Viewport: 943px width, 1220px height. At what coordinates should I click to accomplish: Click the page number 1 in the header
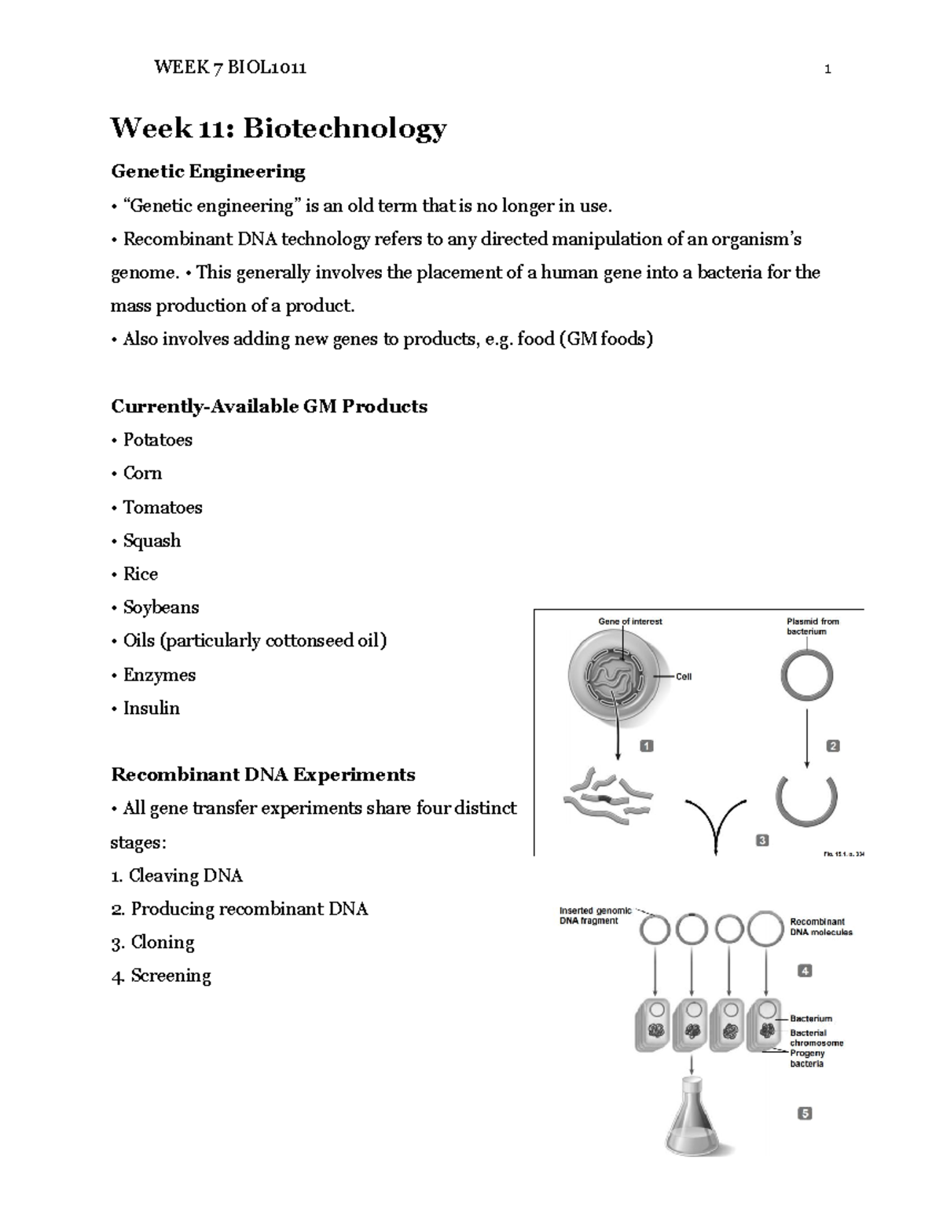click(827, 69)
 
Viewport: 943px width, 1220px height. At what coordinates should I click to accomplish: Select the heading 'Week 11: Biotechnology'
click(278, 128)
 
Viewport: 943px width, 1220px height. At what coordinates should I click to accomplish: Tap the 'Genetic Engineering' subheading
click(208, 171)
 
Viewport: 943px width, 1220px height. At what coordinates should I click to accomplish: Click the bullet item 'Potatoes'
click(157, 440)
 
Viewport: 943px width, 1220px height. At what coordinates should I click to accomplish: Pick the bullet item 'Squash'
click(152, 540)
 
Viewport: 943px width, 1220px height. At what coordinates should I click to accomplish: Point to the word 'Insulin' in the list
click(151, 708)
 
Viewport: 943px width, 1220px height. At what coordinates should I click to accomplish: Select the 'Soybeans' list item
click(160, 607)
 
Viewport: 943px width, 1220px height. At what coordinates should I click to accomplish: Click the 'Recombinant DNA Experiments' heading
click(263, 775)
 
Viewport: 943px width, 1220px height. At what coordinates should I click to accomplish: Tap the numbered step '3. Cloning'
click(153, 942)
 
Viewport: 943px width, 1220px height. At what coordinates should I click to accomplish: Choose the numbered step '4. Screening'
click(161, 976)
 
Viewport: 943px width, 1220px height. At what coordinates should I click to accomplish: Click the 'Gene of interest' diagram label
click(630, 621)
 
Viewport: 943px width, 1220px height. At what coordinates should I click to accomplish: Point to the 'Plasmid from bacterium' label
click(813, 626)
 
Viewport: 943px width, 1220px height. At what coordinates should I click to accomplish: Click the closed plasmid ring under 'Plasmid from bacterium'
click(806, 676)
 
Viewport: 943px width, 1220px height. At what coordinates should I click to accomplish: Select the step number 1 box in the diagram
click(647, 746)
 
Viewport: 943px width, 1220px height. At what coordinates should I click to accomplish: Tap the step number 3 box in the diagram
click(761, 841)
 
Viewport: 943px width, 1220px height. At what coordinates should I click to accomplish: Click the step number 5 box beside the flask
click(805, 1113)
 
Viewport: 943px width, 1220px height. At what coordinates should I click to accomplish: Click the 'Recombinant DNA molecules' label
click(820, 927)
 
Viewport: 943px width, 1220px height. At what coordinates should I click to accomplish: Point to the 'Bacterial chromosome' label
click(816, 1038)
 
